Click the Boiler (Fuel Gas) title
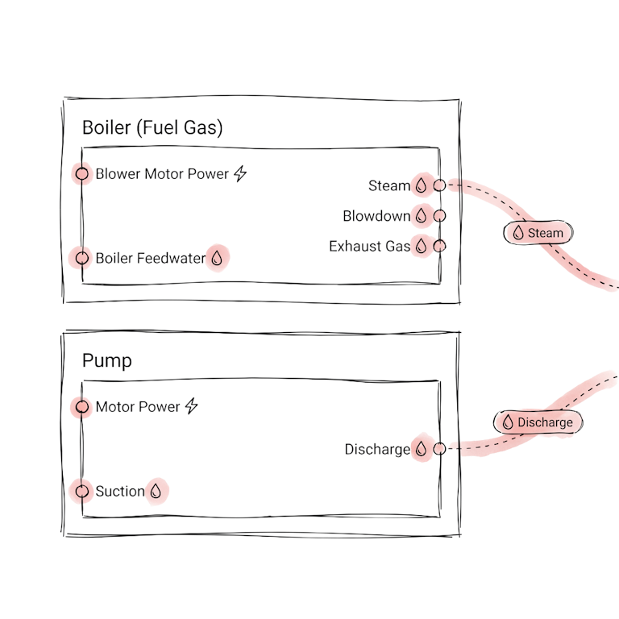click(x=152, y=127)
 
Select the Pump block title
click(x=106, y=361)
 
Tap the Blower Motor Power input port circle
click(x=82, y=173)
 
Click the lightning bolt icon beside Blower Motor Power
click(x=239, y=173)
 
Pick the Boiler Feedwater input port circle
click(x=82, y=258)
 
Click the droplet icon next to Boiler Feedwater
click(x=218, y=258)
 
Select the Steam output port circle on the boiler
click(x=438, y=185)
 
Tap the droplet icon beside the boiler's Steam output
click(x=420, y=185)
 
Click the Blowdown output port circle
click(x=439, y=216)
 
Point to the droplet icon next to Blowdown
click(x=420, y=215)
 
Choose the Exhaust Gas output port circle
click(x=439, y=246)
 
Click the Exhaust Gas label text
click(x=370, y=246)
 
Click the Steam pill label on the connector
click(x=538, y=233)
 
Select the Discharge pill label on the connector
click(x=538, y=422)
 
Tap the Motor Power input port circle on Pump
click(x=82, y=407)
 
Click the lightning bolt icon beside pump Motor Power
click(x=191, y=406)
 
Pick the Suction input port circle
click(x=82, y=491)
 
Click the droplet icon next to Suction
click(x=157, y=491)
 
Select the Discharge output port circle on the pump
click(x=439, y=449)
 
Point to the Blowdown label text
click(x=376, y=216)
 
